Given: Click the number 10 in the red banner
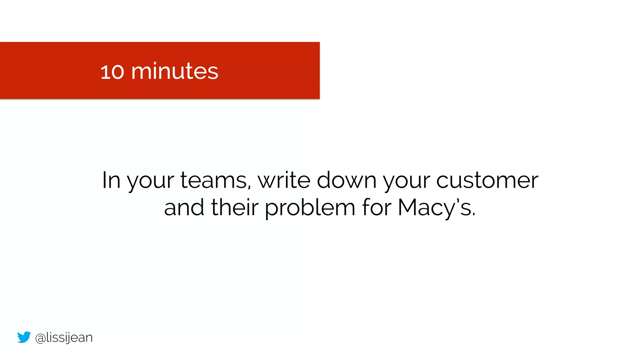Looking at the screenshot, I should [112, 72].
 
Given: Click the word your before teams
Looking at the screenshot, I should [150, 181].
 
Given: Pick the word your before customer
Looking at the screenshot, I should [407, 181].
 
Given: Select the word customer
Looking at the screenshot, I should [487, 180].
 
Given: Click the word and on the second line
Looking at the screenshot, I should [184, 207].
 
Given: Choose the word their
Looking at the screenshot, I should [235, 207].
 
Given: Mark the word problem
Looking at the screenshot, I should [310, 208].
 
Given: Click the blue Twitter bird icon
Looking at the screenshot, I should [24, 337].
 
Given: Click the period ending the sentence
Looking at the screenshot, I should [474, 215].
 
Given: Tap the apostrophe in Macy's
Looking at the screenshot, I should [458, 200].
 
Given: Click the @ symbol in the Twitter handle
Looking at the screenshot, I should [40, 338].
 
